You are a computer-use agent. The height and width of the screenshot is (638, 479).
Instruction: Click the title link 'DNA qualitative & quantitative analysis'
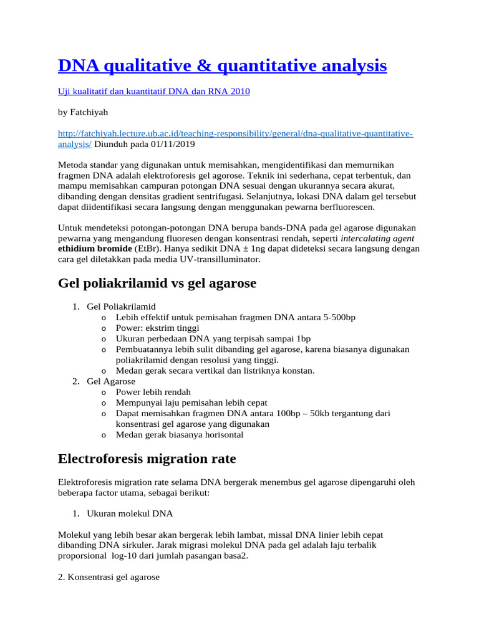point(222,65)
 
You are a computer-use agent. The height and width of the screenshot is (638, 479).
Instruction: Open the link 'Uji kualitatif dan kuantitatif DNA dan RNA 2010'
point(153,92)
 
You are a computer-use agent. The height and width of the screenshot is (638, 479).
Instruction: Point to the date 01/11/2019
point(172,144)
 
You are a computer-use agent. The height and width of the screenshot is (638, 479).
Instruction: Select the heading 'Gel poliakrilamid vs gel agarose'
point(157,283)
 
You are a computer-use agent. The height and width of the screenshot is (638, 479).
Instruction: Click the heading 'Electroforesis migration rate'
point(147,459)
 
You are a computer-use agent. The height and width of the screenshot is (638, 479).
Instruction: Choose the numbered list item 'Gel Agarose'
point(110,381)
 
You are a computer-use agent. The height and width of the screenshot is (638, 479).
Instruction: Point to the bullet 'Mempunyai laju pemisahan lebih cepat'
point(191,402)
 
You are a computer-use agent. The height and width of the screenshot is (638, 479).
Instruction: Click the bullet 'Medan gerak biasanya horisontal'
point(180,434)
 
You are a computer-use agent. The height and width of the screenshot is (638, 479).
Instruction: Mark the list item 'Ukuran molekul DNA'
point(130,514)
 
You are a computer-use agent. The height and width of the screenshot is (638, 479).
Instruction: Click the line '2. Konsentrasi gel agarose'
point(109,578)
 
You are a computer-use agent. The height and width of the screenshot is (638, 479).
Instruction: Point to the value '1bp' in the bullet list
point(302,338)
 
